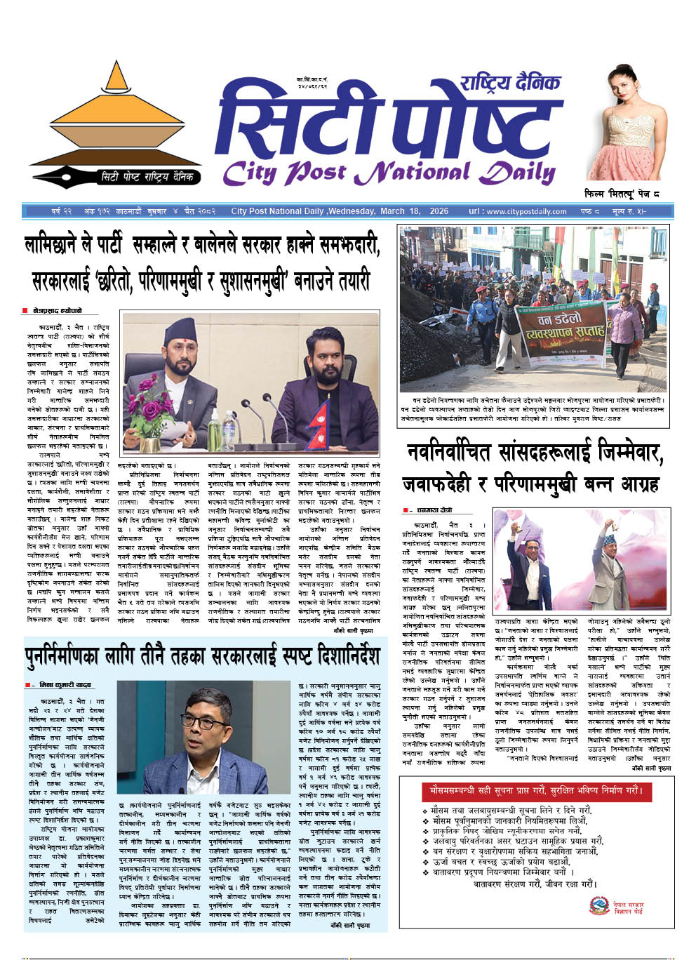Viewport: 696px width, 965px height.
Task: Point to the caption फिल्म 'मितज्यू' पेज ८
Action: (622, 193)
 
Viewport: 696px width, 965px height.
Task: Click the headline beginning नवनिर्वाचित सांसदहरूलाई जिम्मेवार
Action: (533, 468)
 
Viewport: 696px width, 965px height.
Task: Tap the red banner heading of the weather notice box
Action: (535, 790)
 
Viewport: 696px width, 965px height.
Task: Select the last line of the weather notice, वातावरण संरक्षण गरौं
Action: (535, 884)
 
